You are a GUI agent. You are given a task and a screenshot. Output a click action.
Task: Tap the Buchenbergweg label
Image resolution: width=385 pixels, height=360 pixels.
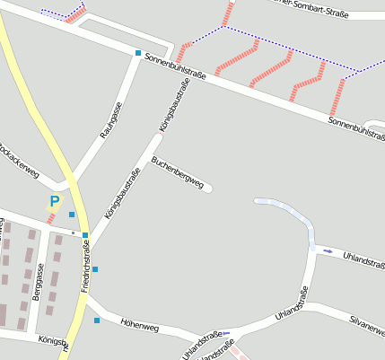tap(178, 174)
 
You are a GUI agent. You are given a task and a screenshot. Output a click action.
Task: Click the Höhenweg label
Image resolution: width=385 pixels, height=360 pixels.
tap(139, 328)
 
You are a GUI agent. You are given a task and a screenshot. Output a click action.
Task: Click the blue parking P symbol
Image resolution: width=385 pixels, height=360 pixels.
tap(54, 203)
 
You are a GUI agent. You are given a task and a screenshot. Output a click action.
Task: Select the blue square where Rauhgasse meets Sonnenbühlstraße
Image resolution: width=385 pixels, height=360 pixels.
tap(138, 53)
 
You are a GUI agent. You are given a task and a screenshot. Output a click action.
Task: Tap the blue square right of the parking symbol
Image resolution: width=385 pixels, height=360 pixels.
tap(72, 215)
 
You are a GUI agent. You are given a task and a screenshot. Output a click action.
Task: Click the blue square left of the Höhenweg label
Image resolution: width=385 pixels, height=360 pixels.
tap(97, 320)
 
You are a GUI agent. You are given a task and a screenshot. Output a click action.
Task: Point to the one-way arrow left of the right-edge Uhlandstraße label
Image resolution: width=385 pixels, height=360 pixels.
tap(328, 250)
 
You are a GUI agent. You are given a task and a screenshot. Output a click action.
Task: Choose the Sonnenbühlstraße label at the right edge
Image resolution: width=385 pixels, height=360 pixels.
tap(356, 127)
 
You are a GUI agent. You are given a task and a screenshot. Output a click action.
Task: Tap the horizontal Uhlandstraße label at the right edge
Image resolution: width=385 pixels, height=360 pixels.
tap(363, 259)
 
